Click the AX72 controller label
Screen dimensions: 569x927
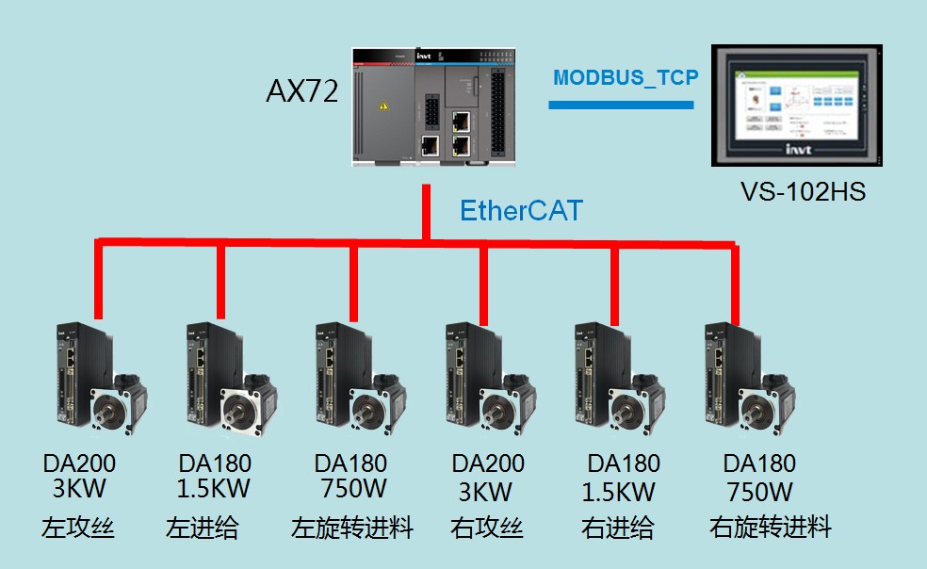coord(301,91)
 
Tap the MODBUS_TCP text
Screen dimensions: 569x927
coord(626,77)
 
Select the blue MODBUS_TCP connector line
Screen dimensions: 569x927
coord(621,105)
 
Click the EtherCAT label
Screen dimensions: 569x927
coord(521,211)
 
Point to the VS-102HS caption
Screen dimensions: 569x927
coord(803,192)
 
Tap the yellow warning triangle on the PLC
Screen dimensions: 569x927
coord(382,106)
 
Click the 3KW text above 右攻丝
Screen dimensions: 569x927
coord(487,491)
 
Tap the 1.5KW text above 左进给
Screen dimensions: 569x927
coord(214,490)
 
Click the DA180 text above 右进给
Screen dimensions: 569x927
coord(624,464)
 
